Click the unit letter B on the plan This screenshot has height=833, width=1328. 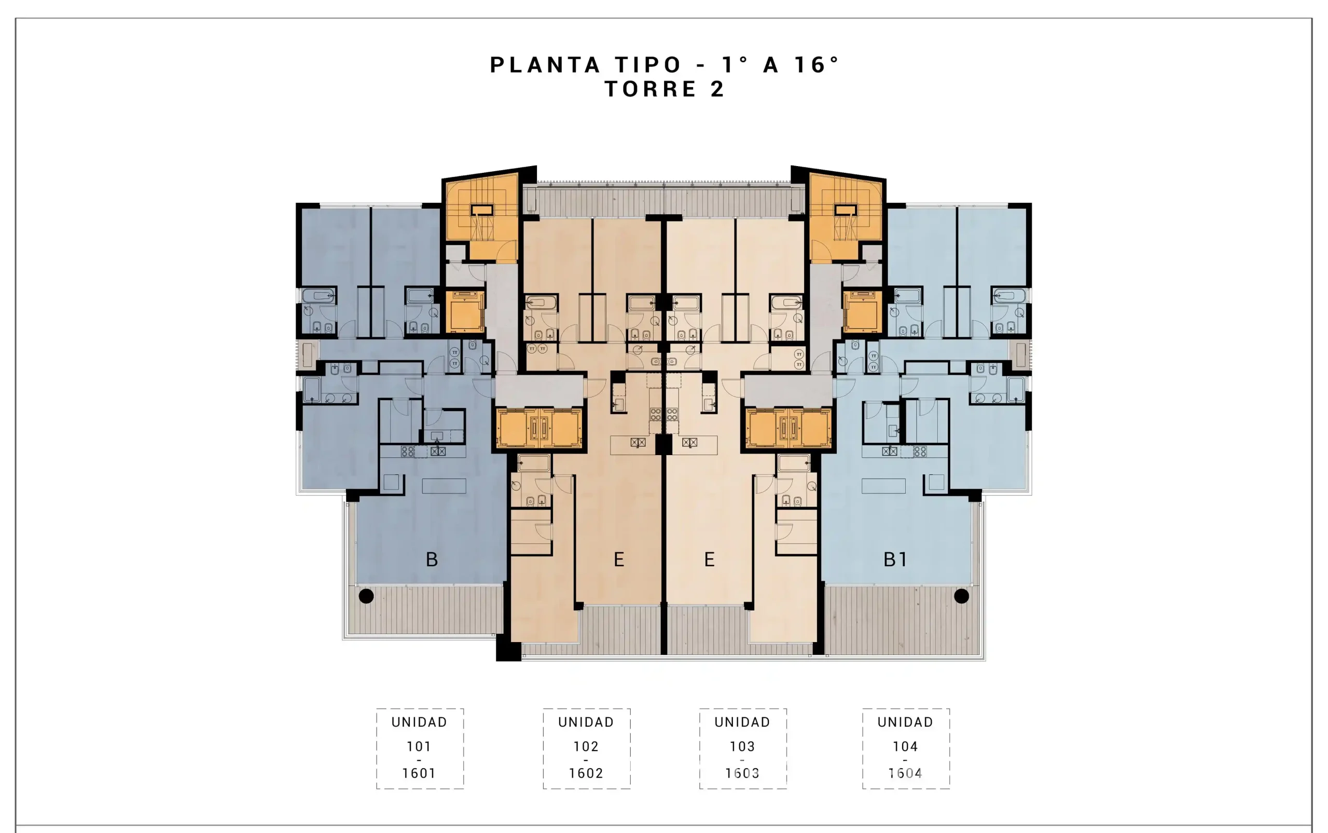(x=432, y=559)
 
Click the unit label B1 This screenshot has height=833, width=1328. (x=895, y=559)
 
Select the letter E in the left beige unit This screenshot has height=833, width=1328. (x=619, y=559)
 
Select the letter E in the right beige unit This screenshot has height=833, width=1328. (x=709, y=559)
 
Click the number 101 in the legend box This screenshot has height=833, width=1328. (x=419, y=746)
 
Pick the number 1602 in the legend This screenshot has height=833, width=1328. (x=586, y=773)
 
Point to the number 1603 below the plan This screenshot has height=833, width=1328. (x=742, y=773)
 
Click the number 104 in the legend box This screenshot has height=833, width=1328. (x=905, y=746)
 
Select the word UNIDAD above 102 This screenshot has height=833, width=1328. (x=586, y=722)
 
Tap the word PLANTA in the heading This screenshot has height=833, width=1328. (x=545, y=64)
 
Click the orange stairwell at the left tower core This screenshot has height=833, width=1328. (x=481, y=217)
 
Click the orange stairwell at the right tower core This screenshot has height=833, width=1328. (x=846, y=217)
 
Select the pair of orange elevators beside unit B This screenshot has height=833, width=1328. (x=538, y=428)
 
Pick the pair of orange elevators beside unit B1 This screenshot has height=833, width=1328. (x=789, y=428)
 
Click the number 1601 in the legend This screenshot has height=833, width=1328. (x=419, y=773)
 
